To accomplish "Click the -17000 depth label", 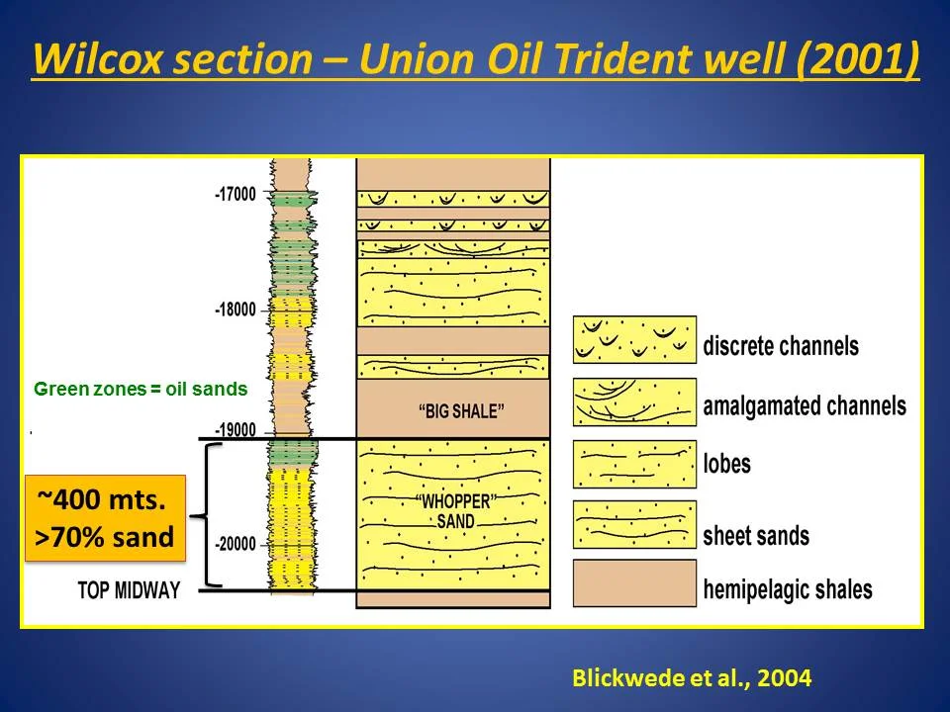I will pos(235,195).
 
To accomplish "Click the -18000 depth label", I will pos(235,310).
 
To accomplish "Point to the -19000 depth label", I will pos(235,430).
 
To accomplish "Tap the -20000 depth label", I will pos(235,544).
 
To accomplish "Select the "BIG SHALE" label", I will pos(454,410).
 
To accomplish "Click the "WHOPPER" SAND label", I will pos(454,511).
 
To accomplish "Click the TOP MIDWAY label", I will pos(129,590).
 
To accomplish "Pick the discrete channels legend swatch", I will pos(634,340).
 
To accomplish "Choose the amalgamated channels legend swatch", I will pos(634,402).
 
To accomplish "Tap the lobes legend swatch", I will pos(634,464).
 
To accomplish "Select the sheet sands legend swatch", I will pos(634,525).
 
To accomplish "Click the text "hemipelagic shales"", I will pos(788,590).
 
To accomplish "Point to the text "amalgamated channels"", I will pos(804,405).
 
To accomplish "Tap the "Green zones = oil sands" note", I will pos(141,390).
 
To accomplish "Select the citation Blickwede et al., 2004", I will pos(692,678).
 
